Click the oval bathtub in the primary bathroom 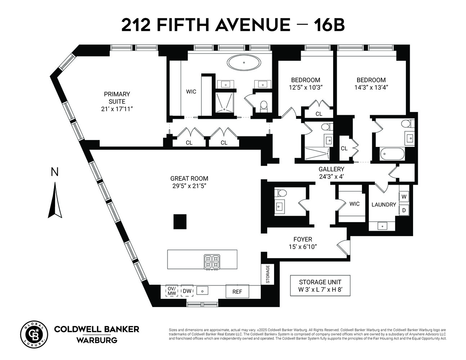point(244,63)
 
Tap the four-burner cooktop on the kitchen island point(212,262)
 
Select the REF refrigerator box point(237,292)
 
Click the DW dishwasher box point(187,291)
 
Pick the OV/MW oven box point(171,291)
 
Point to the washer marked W point(404,197)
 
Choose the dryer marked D point(404,210)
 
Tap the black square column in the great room point(180,221)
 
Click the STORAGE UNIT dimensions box point(320,285)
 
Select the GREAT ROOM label point(189,179)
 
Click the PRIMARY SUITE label point(117,98)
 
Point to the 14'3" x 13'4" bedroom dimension point(371,87)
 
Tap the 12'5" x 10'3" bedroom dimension point(305,87)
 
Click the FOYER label point(303,239)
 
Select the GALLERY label point(331,169)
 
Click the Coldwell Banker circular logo point(34,333)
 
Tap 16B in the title point(329,25)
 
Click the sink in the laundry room point(382,226)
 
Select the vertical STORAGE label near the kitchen point(268,274)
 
